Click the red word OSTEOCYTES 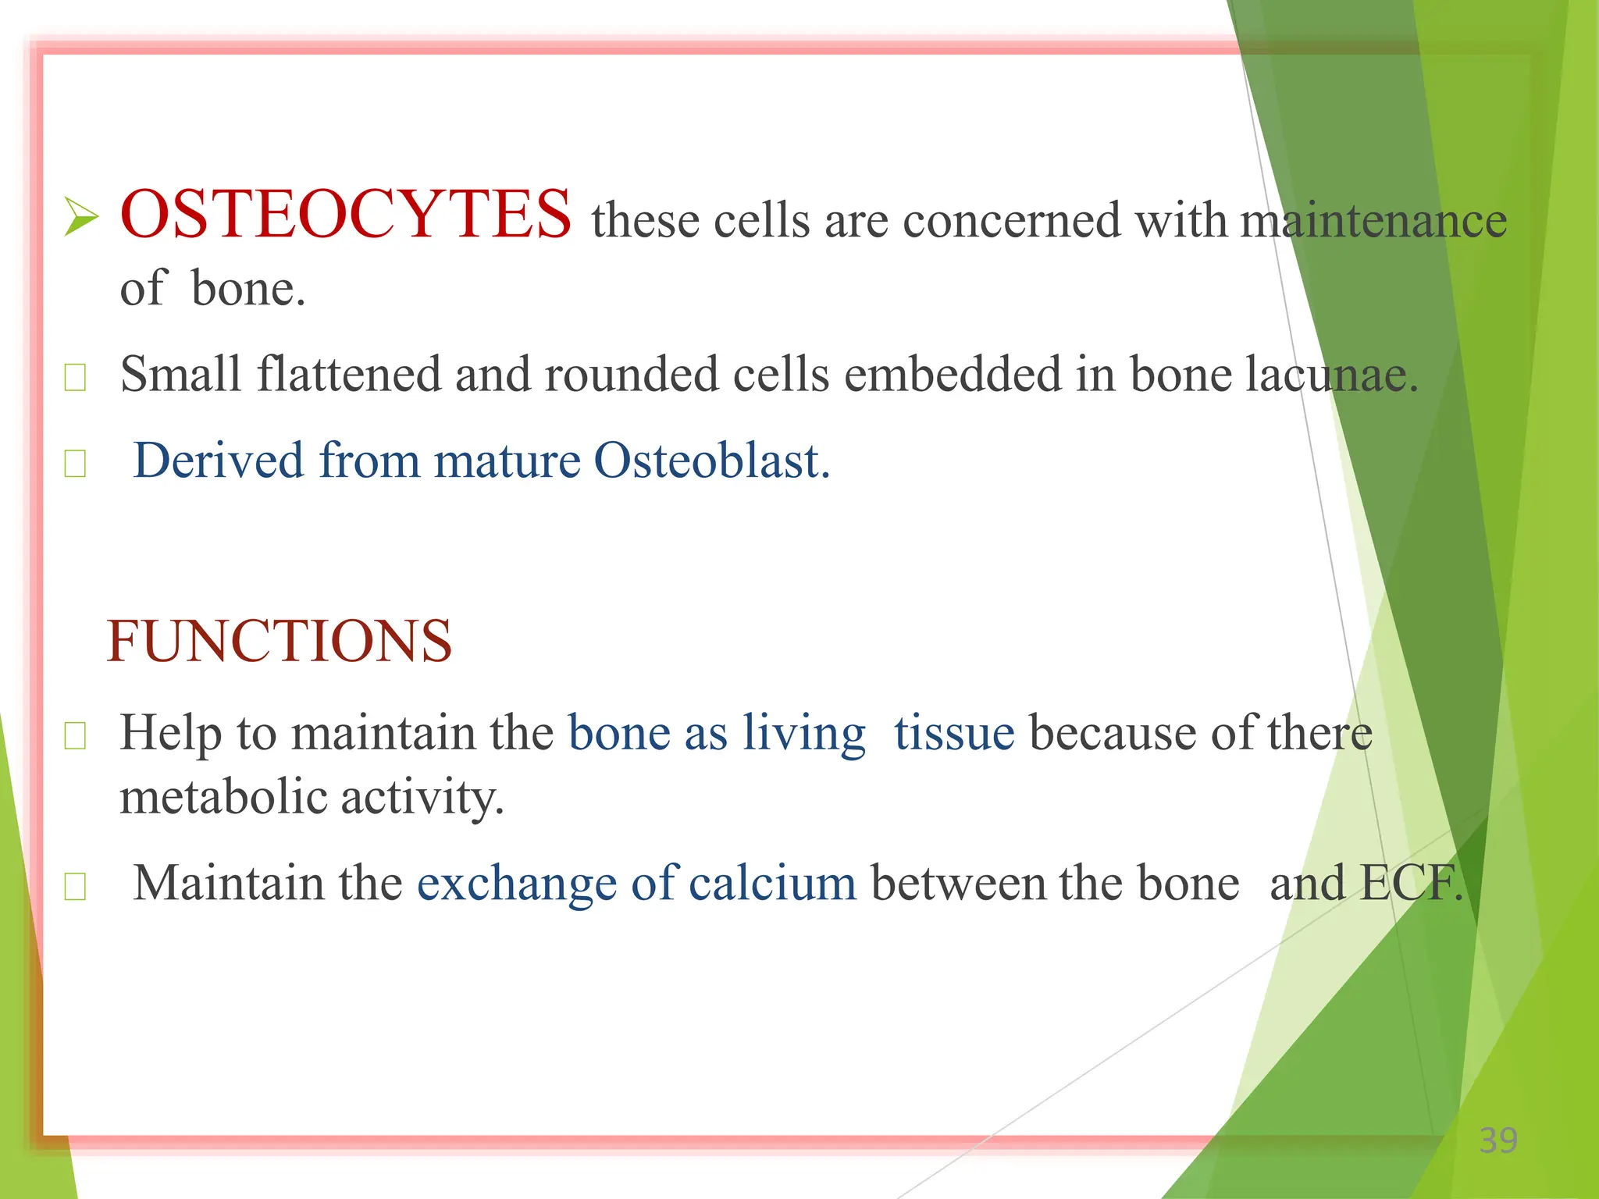(x=345, y=215)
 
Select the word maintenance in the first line (x=1373, y=220)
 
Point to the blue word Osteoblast (x=710, y=461)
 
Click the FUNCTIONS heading (x=279, y=642)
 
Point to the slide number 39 (x=1498, y=1141)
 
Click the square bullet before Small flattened (x=75, y=378)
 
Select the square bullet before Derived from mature (x=75, y=464)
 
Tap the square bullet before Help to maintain (x=75, y=735)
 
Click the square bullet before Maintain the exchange (x=75, y=887)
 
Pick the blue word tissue (x=954, y=734)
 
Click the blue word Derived (x=218, y=461)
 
